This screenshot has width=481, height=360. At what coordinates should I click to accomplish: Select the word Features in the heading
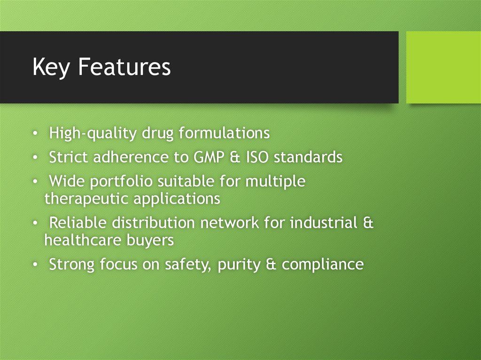tap(124, 67)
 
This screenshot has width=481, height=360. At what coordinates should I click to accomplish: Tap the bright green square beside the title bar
tap(443, 67)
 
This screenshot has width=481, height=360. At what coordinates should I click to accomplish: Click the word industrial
tap(324, 222)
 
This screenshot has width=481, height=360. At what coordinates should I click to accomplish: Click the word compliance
tap(323, 265)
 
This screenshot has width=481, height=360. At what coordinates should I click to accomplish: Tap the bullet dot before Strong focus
tap(36, 265)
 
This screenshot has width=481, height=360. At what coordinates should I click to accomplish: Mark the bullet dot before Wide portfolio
tap(36, 181)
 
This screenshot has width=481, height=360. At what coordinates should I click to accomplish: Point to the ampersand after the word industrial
tap(369, 222)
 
